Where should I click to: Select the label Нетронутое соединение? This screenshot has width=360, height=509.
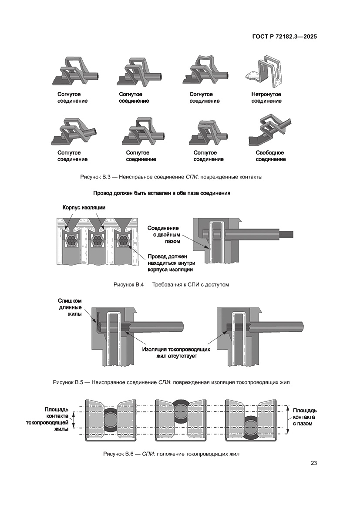point(266,98)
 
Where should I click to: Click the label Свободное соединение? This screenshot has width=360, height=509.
point(270,156)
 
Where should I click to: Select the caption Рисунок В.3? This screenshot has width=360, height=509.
point(171,177)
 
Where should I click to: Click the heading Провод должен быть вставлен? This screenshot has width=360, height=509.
point(161,193)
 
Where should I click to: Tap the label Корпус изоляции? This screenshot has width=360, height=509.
point(84,208)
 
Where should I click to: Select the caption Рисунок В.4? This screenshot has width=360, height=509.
point(171,285)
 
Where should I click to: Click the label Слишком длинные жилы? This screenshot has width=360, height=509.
point(70,308)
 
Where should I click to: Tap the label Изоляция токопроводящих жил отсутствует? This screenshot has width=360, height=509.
point(177,353)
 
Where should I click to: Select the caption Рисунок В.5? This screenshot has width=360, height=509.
point(171,382)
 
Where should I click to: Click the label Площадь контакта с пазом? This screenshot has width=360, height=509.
point(304,417)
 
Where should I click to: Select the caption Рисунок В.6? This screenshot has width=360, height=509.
point(171,454)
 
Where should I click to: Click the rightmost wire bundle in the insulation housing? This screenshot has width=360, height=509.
point(124,240)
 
